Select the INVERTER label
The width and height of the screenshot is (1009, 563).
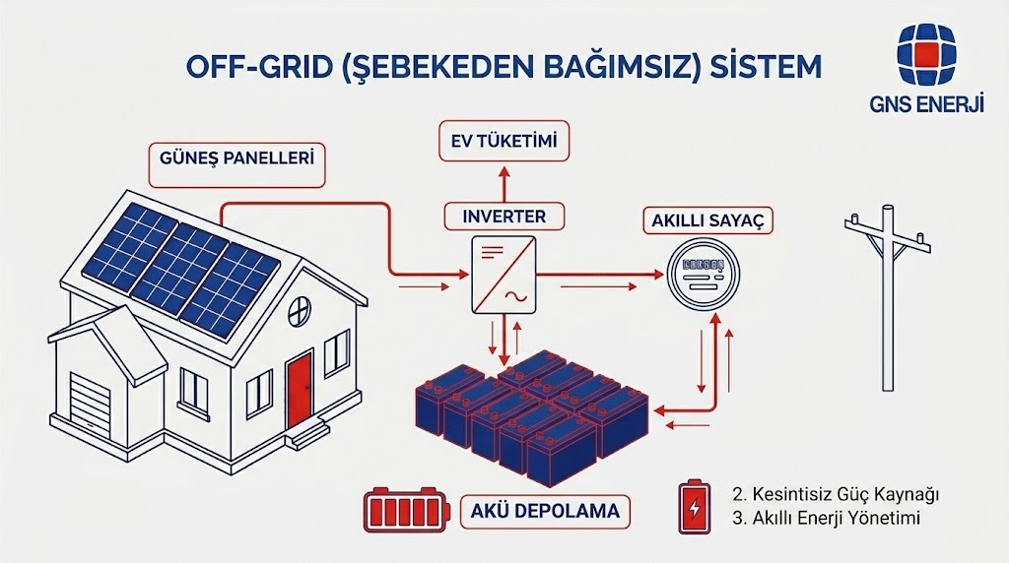click(504, 216)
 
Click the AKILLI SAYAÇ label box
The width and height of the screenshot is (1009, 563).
click(706, 220)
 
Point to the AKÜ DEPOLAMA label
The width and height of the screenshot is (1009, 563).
click(545, 511)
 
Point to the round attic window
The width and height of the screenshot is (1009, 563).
click(301, 289)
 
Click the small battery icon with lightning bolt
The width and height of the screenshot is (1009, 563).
click(694, 506)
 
